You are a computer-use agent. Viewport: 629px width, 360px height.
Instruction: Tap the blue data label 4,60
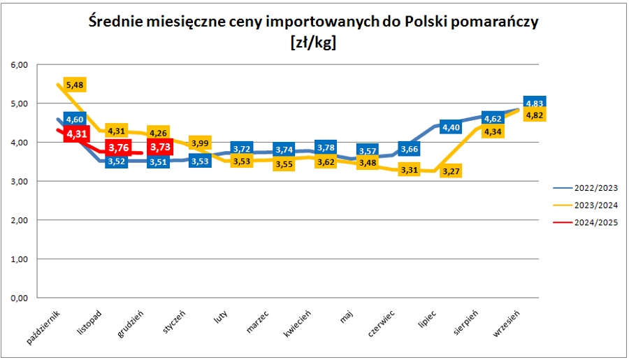coord(75,119)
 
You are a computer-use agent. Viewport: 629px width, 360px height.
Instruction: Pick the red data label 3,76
coord(118,147)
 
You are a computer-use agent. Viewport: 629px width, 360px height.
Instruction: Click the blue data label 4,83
coord(535,103)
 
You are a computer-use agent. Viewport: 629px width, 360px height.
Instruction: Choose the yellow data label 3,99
coord(200,143)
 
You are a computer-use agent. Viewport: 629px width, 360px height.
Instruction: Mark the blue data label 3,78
coord(326,147)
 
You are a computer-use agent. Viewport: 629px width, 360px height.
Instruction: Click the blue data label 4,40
coord(451,127)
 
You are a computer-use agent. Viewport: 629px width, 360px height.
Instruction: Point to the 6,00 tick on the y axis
coord(19,65)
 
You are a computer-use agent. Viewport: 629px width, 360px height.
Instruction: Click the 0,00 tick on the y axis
coord(19,298)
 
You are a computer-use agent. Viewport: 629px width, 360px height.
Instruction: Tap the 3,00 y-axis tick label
coord(19,182)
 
